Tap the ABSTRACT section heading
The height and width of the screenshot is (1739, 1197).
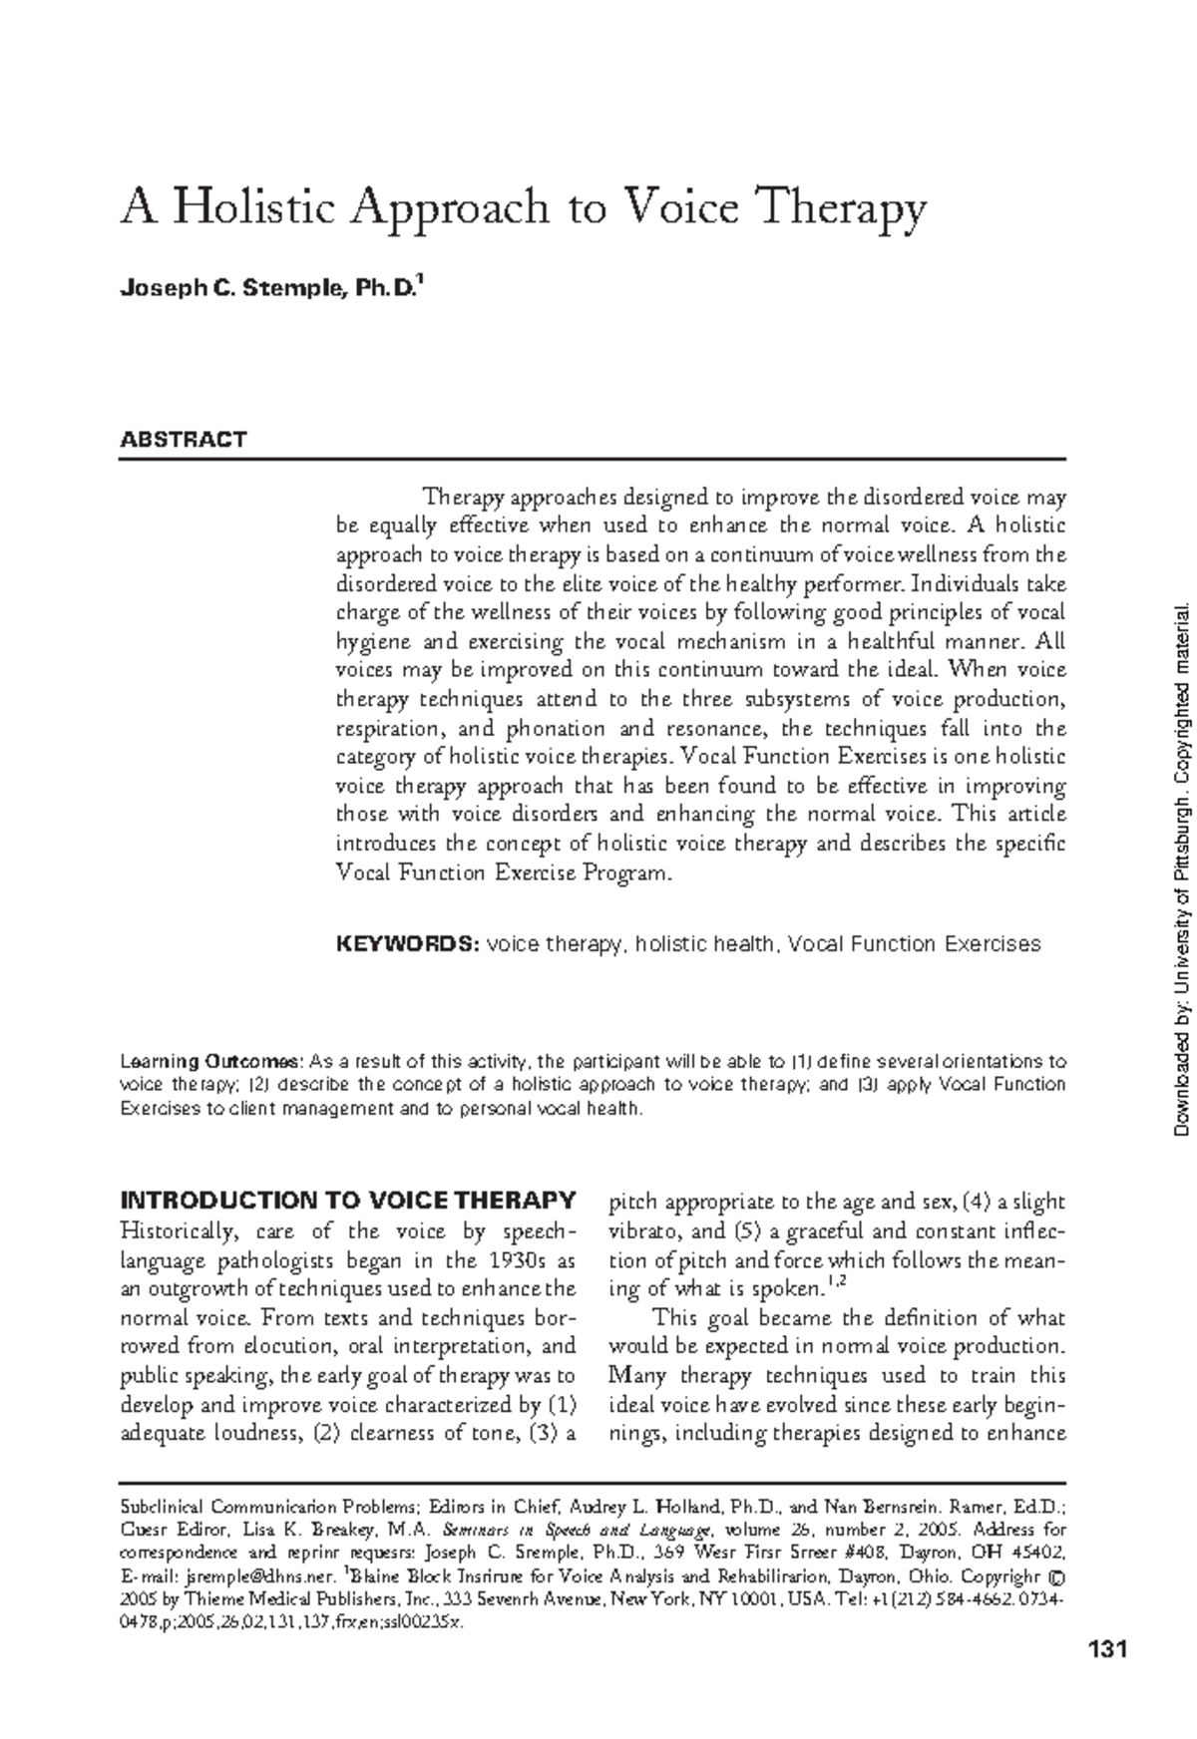183,440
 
